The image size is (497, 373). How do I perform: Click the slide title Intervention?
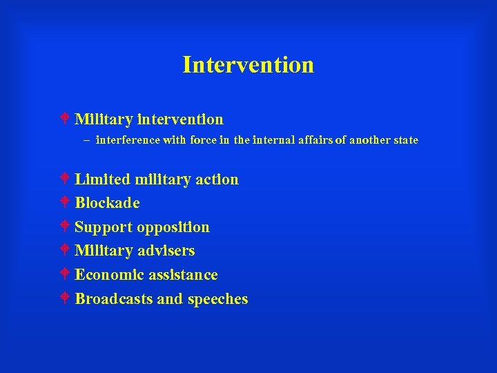point(248,65)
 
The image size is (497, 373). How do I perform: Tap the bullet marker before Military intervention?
point(63,119)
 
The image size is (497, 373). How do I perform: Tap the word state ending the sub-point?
point(404,140)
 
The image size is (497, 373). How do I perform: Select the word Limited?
point(102,180)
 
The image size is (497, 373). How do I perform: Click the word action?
point(216,180)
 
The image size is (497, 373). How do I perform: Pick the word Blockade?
point(107,203)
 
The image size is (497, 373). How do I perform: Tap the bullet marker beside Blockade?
point(63,203)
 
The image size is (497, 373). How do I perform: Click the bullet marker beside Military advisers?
point(63,251)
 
